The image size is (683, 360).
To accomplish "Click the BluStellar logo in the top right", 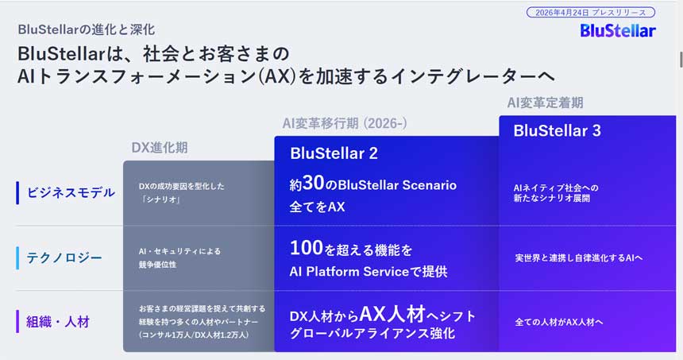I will click(617, 30).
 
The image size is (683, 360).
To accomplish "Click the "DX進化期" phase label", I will click(160, 148).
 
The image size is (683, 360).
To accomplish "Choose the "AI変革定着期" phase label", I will click(545, 103).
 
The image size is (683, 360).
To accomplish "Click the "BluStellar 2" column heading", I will click(334, 153).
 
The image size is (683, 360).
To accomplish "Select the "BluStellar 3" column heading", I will click(557, 131).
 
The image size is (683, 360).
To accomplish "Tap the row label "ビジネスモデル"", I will click(71, 192).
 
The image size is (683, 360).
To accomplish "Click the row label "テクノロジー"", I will click(64, 257).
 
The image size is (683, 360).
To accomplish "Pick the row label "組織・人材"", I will click(58, 322).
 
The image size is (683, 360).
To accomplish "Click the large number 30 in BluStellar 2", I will click(314, 184).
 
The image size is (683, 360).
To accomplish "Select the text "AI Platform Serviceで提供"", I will click(369, 272).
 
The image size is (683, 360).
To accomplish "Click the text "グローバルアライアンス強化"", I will click(372, 334).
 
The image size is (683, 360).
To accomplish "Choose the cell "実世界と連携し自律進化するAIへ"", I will click(579, 257).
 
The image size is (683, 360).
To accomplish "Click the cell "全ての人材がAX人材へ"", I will click(559, 322).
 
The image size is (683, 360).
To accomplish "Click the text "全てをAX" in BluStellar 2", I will click(317, 207).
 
